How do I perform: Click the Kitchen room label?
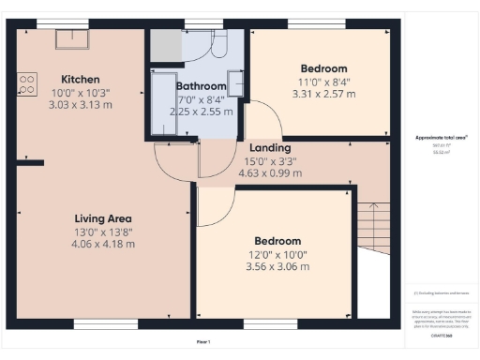[x=81, y=79]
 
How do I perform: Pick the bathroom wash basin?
[x=235, y=83]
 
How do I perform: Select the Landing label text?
[x=269, y=147]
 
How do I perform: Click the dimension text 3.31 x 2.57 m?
[x=323, y=94]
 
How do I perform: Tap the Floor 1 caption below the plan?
[x=203, y=342]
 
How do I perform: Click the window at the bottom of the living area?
[x=99, y=324]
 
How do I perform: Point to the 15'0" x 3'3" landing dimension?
[x=269, y=160]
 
